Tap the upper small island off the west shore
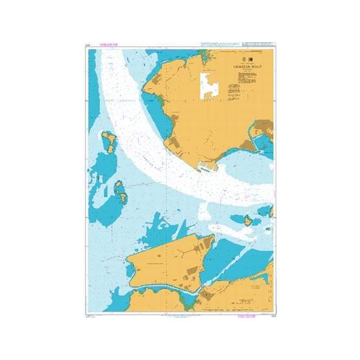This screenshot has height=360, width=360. coord(108,141)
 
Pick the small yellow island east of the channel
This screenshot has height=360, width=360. coord(246,220)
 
